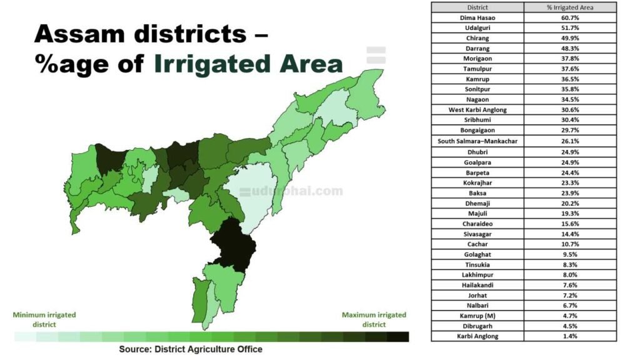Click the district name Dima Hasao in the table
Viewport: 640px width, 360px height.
[x=477, y=17]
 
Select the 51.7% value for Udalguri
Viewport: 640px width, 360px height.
[x=569, y=28]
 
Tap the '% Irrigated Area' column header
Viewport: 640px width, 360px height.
[x=569, y=7]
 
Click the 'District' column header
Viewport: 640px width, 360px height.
[x=477, y=7]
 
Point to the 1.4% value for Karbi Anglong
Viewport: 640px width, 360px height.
[x=569, y=336]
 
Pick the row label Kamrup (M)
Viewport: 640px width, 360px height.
[x=477, y=316]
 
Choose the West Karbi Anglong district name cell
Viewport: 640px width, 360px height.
[x=477, y=110]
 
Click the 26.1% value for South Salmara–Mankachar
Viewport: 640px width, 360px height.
[x=569, y=141]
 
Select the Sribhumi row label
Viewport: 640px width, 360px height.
[x=477, y=120]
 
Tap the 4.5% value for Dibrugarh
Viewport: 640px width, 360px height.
[x=569, y=326]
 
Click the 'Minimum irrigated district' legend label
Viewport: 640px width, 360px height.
[x=44, y=319]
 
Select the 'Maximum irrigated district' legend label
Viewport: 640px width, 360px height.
[x=374, y=319]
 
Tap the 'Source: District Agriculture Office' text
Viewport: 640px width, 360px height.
[x=191, y=349]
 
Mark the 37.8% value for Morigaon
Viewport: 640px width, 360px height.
[x=569, y=59]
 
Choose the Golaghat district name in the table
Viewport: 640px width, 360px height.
[x=477, y=254]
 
